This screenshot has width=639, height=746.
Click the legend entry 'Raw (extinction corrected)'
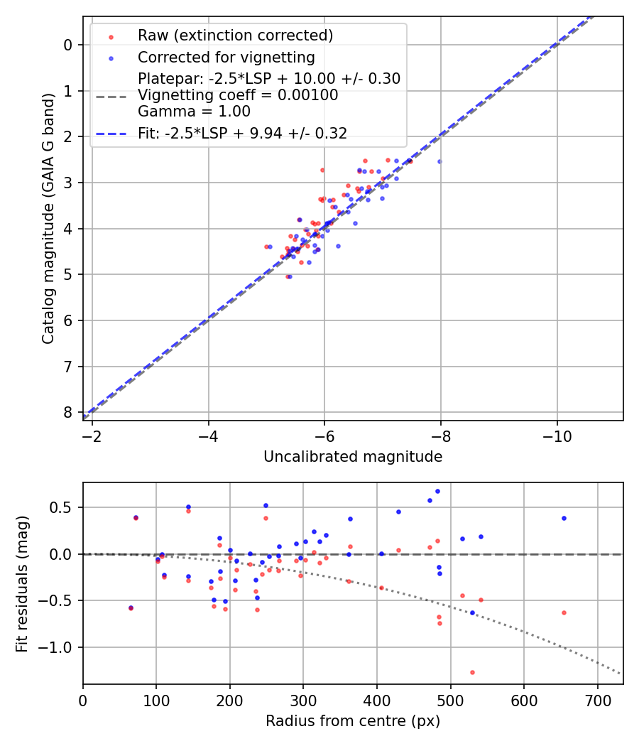click(x=235, y=36)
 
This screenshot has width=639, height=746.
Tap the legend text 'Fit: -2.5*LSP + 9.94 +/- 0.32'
click(x=242, y=134)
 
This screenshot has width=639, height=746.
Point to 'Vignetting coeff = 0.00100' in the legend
click(x=238, y=95)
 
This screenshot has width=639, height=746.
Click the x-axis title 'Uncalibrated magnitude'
click(x=353, y=457)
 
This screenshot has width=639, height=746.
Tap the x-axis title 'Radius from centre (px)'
click(x=353, y=721)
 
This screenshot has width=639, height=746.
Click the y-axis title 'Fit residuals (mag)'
click(x=22, y=583)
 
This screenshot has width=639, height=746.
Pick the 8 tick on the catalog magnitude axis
click(x=67, y=412)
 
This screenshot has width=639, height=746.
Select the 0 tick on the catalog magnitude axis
click(x=67, y=45)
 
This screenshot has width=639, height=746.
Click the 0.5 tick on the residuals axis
click(x=63, y=507)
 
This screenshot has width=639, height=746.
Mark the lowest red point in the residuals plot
click(x=472, y=672)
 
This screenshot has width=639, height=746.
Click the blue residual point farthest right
click(x=564, y=518)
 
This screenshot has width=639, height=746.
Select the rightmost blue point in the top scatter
click(x=439, y=161)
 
